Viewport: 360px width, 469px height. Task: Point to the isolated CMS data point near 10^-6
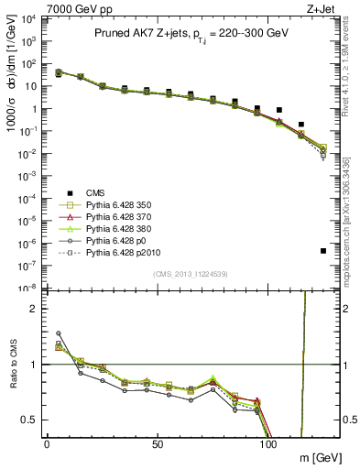(x=323, y=250)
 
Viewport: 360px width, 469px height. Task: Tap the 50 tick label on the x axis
(x=158, y=444)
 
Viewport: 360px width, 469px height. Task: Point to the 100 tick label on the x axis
(x=269, y=444)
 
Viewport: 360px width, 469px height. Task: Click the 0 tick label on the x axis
(x=47, y=444)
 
